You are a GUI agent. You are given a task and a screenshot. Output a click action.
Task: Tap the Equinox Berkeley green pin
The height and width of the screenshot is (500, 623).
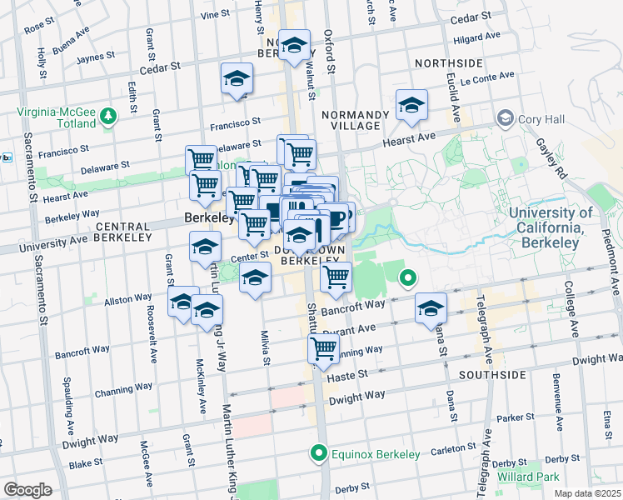coord(317,454)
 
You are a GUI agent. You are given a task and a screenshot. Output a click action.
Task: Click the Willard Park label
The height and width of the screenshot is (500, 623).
coord(528,477)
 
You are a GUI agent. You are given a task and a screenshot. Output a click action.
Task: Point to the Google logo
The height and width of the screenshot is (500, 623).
coord(27,490)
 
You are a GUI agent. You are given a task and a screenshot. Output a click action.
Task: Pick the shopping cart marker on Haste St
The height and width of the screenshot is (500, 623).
coord(323,350)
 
